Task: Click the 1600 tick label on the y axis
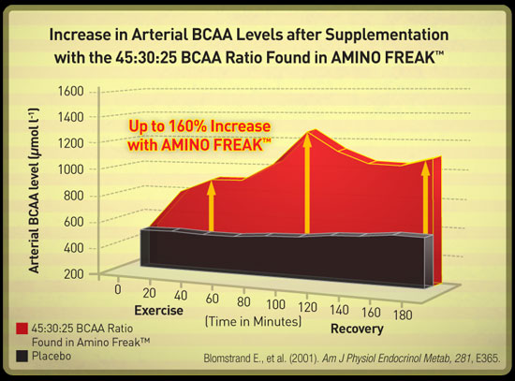coord(70,91)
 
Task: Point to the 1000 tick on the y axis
coord(70,169)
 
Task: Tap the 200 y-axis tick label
coord(74,273)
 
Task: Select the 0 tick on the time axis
coord(118,289)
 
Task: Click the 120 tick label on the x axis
coord(307,307)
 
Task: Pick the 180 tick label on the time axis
coord(403,315)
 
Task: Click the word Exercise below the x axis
coord(158,311)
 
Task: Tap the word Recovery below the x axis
coord(357,329)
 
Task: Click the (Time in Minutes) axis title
coord(253,321)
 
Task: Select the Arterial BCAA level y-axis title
coord(34,191)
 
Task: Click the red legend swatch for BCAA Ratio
coord(22,329)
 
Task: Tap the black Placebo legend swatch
coord(22,357)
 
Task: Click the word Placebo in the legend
coord(51,356)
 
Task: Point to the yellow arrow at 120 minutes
coord(307,183)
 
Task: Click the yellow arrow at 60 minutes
coord(212,206)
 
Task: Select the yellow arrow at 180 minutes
coord(426,198)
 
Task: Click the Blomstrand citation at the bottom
coord(352,358)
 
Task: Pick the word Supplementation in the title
coord(387,36)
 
